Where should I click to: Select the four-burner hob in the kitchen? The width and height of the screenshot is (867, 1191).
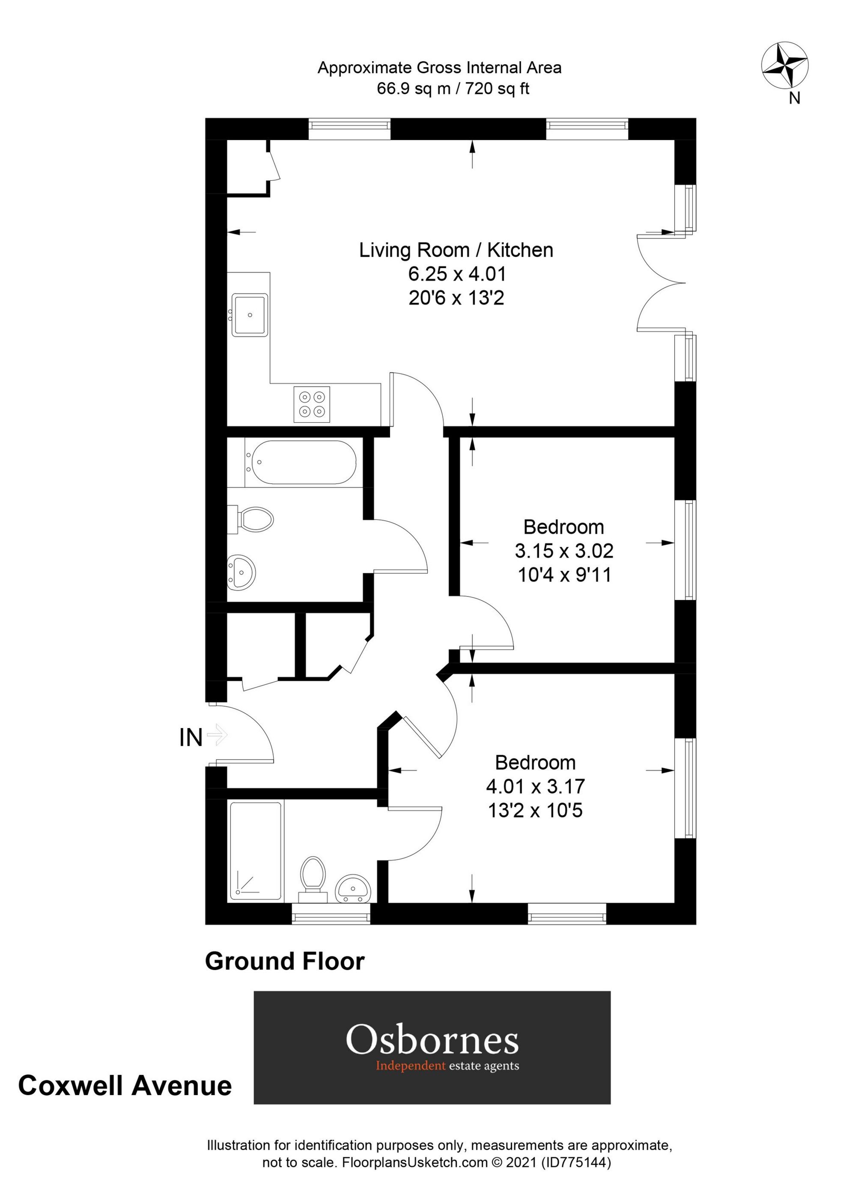(312, 404)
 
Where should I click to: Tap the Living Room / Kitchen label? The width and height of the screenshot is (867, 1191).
(456, 250)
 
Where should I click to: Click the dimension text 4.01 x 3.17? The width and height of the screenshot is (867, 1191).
(535, 786)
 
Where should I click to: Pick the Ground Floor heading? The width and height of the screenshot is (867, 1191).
(285, 961)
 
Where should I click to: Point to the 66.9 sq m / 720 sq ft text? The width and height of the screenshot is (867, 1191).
(453, 89)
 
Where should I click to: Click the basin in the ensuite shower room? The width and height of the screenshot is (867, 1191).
(353, 888)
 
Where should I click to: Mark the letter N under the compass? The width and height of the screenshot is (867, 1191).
(795, 98)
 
